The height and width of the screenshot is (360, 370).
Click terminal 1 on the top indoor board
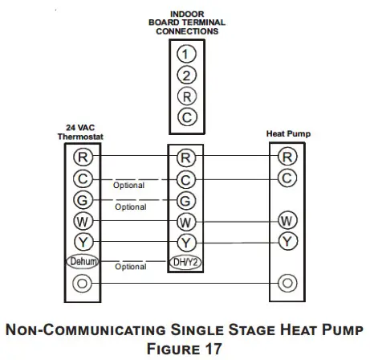[185, 54]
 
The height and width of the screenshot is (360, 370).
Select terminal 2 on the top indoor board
[185, 76]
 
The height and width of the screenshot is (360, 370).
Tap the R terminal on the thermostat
[83, 156]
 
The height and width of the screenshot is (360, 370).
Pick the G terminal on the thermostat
[83, 199]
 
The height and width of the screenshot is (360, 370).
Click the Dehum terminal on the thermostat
[83, 262]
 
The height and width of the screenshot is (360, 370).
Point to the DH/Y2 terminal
[185, 262]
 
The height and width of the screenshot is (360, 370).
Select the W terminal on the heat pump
[287, 219]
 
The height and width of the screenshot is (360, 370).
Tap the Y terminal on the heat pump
[287, 240]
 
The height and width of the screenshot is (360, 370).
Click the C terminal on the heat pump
[287, 177]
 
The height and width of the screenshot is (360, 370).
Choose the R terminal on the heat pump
[287, 156]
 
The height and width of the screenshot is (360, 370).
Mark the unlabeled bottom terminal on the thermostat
[83, 284]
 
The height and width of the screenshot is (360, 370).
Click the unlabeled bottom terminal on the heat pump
[287, 284]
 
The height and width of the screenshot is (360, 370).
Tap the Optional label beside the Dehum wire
[130, 268]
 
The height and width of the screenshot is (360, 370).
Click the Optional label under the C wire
[129, 186]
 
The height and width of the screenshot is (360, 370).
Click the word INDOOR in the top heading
[187, 14]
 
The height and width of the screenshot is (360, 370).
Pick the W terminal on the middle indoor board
[185, 220]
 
